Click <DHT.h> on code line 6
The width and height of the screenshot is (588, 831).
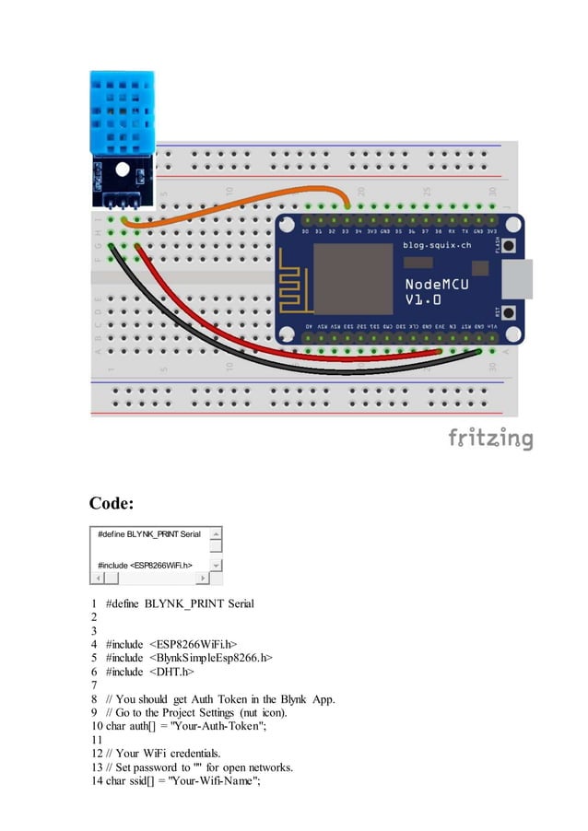171,672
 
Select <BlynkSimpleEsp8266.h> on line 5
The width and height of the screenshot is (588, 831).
213,658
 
